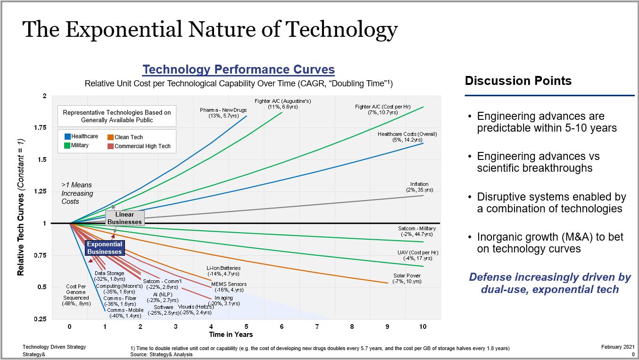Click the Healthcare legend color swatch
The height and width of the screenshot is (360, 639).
[67, 137]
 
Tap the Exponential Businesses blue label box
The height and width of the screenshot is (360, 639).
[104, 248]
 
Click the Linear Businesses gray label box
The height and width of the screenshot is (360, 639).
[124, 218]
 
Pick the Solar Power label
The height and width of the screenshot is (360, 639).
[407, 278]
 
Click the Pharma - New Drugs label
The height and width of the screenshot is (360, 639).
[223, 113]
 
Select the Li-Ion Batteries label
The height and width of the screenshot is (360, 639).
[223, 271]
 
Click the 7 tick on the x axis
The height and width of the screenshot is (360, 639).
[317, 327]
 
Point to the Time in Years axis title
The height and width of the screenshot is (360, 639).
[231, 335]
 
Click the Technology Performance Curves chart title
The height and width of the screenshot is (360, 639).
[239, 70]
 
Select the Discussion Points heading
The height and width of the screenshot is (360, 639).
[518, 81]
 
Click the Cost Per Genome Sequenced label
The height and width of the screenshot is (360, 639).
[76, 295]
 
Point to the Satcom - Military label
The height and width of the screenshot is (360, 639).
[417, 231]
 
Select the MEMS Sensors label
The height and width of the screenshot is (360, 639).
[229, 287]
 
